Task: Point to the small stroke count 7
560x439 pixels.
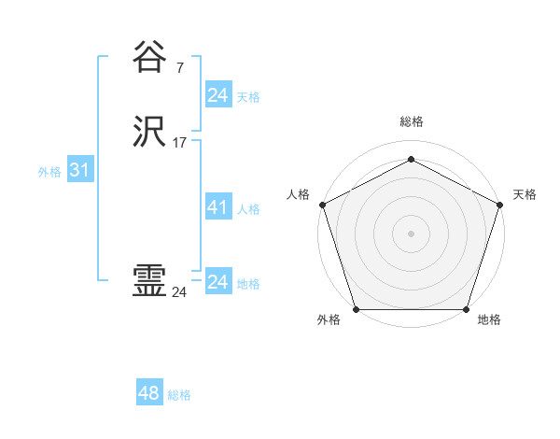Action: pyautogui.click(x=179, y=67)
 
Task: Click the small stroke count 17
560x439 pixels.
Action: pyautogui.click(x=180, y=143)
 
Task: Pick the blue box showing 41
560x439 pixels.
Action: pyautogui.click(x=217, y=207)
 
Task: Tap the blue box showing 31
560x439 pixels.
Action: pyautogui.click(x=79, y=170)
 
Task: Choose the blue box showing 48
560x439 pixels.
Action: pyautogui.click(x=149, y=393)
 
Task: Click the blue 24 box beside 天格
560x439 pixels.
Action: pyautogui.click(x=217, y=94)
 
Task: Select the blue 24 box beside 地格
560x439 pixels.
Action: pyautogui.click(x=217, y=281)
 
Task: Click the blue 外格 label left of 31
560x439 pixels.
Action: pyautogui.click(x=49, y=172)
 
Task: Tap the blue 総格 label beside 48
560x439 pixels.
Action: pyautogui.click(x=179, y=395)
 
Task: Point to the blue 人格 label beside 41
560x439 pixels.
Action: pyautogui.click(x=248, y=209)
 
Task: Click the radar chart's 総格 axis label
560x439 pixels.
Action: pyautogui.click(x=411, y=121)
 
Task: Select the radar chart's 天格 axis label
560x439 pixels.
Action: pyautogui.click(x=525, y=194)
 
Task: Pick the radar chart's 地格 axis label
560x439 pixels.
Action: pyautogui.click(x=489, y=319)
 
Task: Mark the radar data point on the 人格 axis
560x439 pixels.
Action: pyautogui.click(x=322, y=205)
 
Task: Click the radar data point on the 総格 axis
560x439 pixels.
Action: pyautogui.click(x=411, y=159)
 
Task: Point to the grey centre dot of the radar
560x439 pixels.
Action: pyautogui.click(x=411, y=233)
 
